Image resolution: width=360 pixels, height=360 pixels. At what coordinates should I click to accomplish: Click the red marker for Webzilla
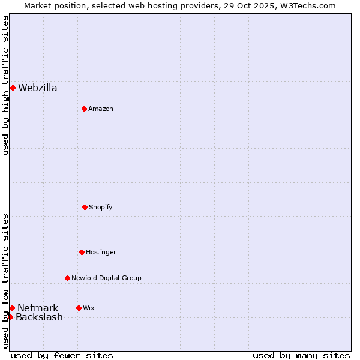pyautogui.click(x=13, y=88)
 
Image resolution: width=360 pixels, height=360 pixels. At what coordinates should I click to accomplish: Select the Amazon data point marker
pyautogui.click(x=84, y=109)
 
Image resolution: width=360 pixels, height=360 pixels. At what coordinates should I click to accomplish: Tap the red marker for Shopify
pyautogui.click(x=85, y=207)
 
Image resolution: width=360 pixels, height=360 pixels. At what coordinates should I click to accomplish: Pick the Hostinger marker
pyautogui.click(x=82, y=252)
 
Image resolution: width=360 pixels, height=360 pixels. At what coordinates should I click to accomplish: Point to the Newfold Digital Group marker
pyautogui.click(x=67, y=278)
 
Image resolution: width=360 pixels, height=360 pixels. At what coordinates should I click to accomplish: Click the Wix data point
pyautogui.click(x=79, y=308)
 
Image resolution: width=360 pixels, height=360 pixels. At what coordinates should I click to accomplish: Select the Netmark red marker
pyautogui.click(x=12, y=308)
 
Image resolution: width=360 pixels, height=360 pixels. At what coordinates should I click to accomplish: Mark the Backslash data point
pyautogui.click(x=10, y=317)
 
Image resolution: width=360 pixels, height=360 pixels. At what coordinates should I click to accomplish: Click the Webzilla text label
pyautogui.click(x=38, y=88)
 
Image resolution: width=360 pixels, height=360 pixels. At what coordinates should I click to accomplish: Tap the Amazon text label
pyautogui.click(x=101, y=109)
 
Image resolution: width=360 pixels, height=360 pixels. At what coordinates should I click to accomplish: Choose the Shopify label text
pyautogui.click(x=101, y=207)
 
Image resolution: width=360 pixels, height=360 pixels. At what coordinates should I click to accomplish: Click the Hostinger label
pyautogui.click(x=101, y=252)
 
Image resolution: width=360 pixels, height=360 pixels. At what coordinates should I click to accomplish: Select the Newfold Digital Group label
pyautogui.click(x=106, y=278)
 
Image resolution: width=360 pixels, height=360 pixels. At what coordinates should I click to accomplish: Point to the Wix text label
pyautogui.click(x=89, y=308)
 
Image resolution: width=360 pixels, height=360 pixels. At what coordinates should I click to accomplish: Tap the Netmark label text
pyautogui.click(x=38, y=308)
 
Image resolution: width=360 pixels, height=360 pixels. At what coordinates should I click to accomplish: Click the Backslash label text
pyautogui.click(x=39, y=317)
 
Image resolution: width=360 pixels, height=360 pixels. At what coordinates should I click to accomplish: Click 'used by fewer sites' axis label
pyautogui.click(x=62, y=355)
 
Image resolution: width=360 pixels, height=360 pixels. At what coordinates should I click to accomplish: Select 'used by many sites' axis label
pyautogui.click(x=301, y=355)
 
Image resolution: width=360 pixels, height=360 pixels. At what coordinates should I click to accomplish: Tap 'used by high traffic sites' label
pyautogui.click(x=5, y=85)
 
